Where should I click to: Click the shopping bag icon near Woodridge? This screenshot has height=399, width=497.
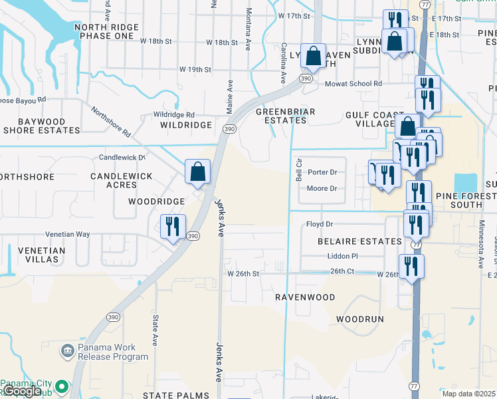pyautogui.click(x=198, y=172)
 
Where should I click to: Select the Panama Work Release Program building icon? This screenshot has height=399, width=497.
pyautogui.click(x=66, y=350)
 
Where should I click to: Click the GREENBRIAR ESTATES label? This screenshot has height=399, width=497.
pyautogui.click(x=286, y=116)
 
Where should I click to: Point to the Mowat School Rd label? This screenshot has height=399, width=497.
pyautogui.click(x=353, y=84)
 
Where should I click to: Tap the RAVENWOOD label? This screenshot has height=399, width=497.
pyautogui.click(x=305, y=297)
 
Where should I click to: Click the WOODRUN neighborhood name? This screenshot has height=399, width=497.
pyautogui.click(x=359, y=319)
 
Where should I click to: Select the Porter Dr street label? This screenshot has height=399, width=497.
pyautogui.click(x=322, y=172)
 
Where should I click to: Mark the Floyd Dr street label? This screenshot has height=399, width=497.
pyautogui.click(x=319, y=225)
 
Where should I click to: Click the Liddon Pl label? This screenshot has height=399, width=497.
pyautogui.click(x=343, y=256)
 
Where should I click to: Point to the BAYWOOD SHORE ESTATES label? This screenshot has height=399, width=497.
pyautogui.click(x=42, y=126)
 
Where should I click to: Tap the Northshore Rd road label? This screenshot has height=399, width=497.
pyautogui.click(x=112, y=122)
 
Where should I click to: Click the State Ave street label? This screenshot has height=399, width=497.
pyautogui.click(x=155, y=331)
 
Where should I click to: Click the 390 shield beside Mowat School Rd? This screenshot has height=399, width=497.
pyautogui.click(x=306, y=78)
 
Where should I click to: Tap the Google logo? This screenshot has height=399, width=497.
pyautogui.click(x=22, y=392)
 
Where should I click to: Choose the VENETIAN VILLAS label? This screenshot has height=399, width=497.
pyautogui.click(x=33, y=255)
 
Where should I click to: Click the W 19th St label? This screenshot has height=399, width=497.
pyautogui.click(x=195, y=69)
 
